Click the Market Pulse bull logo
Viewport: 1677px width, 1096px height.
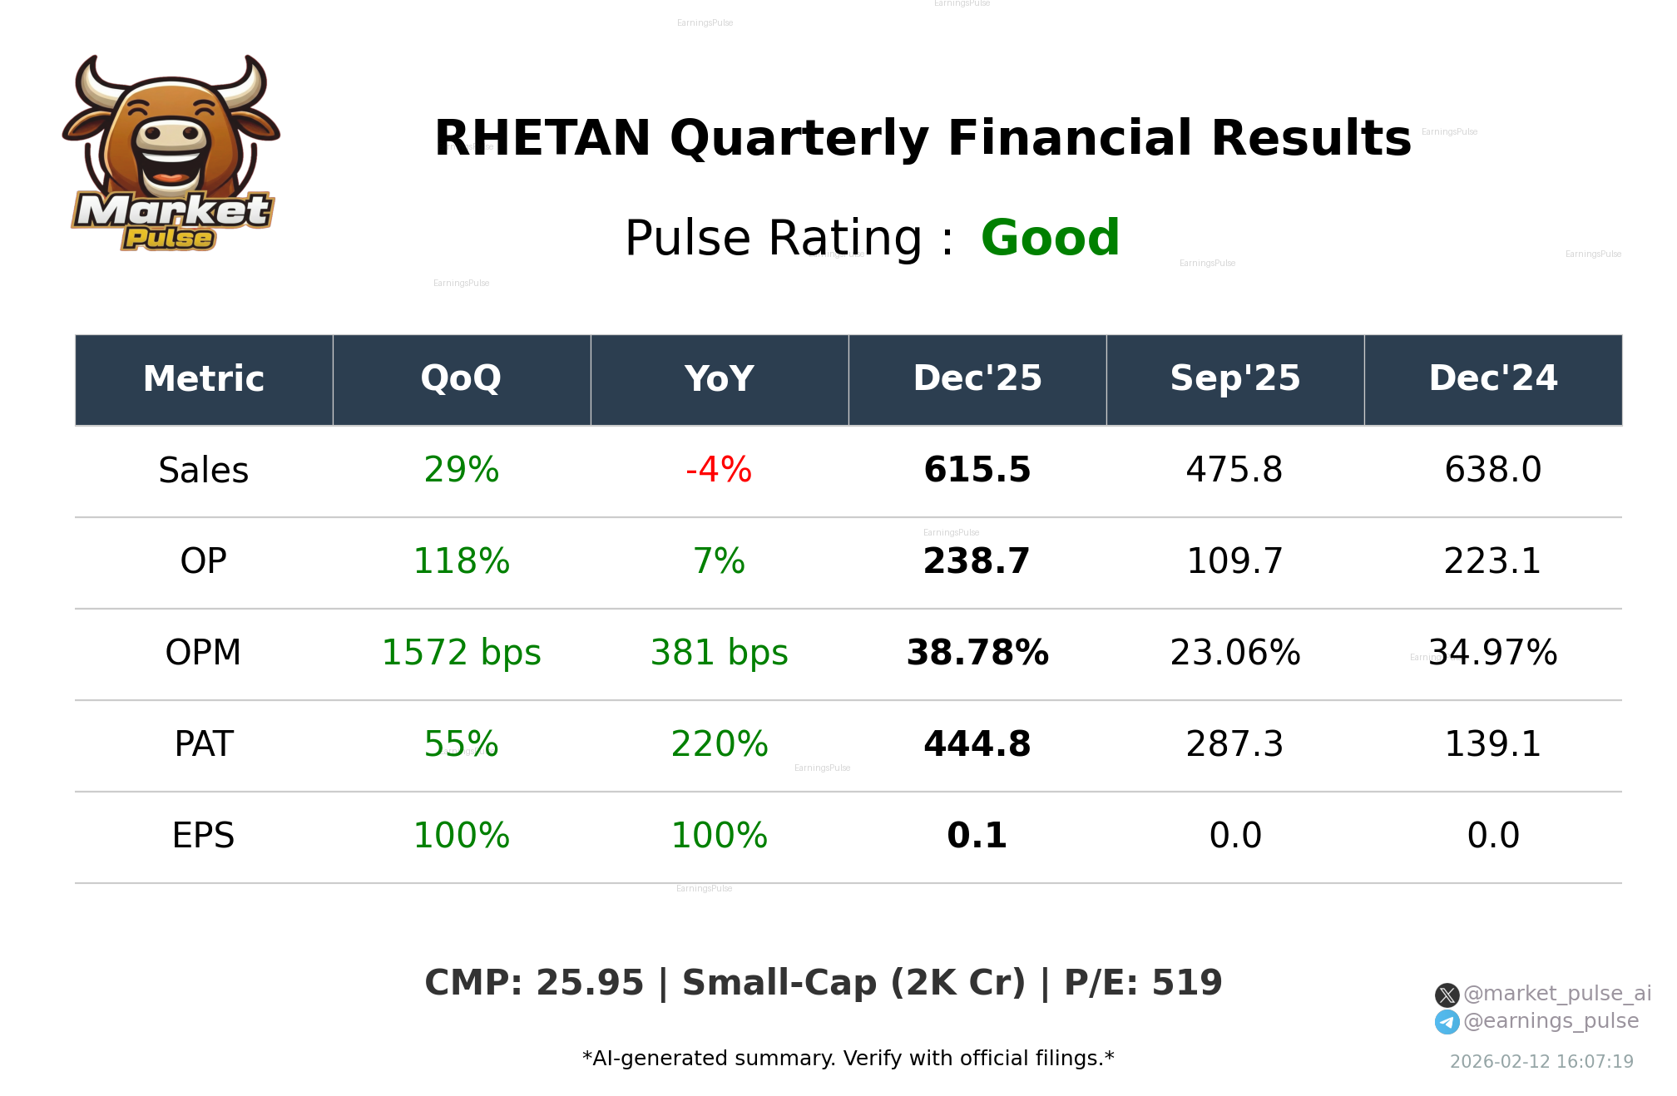click(171, 154)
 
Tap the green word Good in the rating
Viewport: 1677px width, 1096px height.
click(1050, 238)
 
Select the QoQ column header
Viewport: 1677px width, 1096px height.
click(461, 379)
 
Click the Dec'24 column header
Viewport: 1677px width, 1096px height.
click(1492, 379)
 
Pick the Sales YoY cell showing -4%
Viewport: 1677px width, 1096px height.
click(719, 471)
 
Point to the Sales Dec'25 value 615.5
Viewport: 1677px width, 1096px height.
click(977, 471)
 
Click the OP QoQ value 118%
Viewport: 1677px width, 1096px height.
click(461, 562)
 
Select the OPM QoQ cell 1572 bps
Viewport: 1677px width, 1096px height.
click(461, 654)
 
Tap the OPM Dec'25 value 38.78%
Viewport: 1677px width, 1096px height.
click(977, 654)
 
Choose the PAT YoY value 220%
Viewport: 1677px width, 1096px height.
click(719, 745)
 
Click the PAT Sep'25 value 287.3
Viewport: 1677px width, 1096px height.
click(1234, 745)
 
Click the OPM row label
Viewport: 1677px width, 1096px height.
click(203, 654)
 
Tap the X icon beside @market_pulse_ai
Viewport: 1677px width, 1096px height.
click(1447, 995)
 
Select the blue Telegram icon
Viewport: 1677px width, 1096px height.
click(1447, 1022)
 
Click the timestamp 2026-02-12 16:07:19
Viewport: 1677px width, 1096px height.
click(1541, 1062)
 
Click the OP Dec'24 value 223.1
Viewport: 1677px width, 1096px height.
click(1492, 562)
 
